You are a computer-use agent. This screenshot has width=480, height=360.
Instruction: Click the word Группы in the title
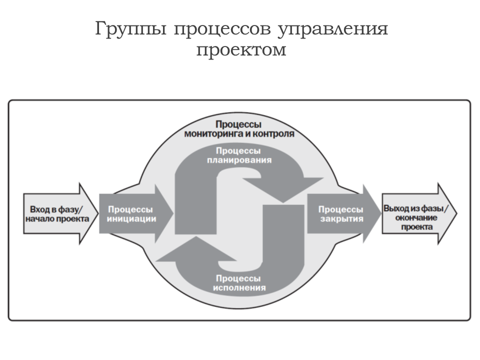(x=130, y=29)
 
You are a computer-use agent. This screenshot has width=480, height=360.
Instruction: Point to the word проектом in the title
(x=241, y=50)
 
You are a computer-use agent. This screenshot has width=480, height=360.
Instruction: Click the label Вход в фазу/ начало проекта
(x=57, y=214)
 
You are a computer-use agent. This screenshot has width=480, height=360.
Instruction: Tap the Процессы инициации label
(x=131, y=214)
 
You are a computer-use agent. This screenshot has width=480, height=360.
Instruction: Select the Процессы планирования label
(x=239, y=155)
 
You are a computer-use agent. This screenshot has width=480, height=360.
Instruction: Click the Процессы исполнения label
(x=239, y=283)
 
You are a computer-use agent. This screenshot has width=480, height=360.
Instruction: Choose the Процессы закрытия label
(x=341, y=214)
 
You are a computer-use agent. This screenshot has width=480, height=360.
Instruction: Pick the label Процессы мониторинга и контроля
(x=239, y=129)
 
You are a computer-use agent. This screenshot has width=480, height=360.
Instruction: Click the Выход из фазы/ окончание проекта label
(x=415, y=217)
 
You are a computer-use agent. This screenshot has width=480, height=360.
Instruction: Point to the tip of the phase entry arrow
(x=98, y=213)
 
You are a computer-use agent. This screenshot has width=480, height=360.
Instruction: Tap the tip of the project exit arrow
(x=456, y=213)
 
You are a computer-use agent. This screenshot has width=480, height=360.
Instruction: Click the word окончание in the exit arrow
(x=416, y=217)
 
